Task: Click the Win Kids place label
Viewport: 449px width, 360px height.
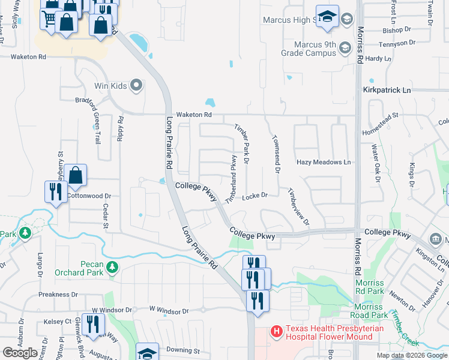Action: (110, 86)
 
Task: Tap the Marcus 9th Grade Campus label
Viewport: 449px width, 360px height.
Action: (309, 49)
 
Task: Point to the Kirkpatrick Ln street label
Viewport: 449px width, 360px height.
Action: (387, 89)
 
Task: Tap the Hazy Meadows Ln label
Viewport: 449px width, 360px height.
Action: (323, 162)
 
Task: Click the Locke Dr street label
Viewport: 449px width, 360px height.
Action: (255, 196)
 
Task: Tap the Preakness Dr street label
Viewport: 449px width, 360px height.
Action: (58, 295)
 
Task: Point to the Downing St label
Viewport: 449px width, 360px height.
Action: (182, 350)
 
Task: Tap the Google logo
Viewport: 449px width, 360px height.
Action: (20, 353)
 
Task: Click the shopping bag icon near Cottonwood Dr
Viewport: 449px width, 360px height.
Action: (76, 176)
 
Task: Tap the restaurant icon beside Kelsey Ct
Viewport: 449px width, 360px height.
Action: (92, 324)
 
